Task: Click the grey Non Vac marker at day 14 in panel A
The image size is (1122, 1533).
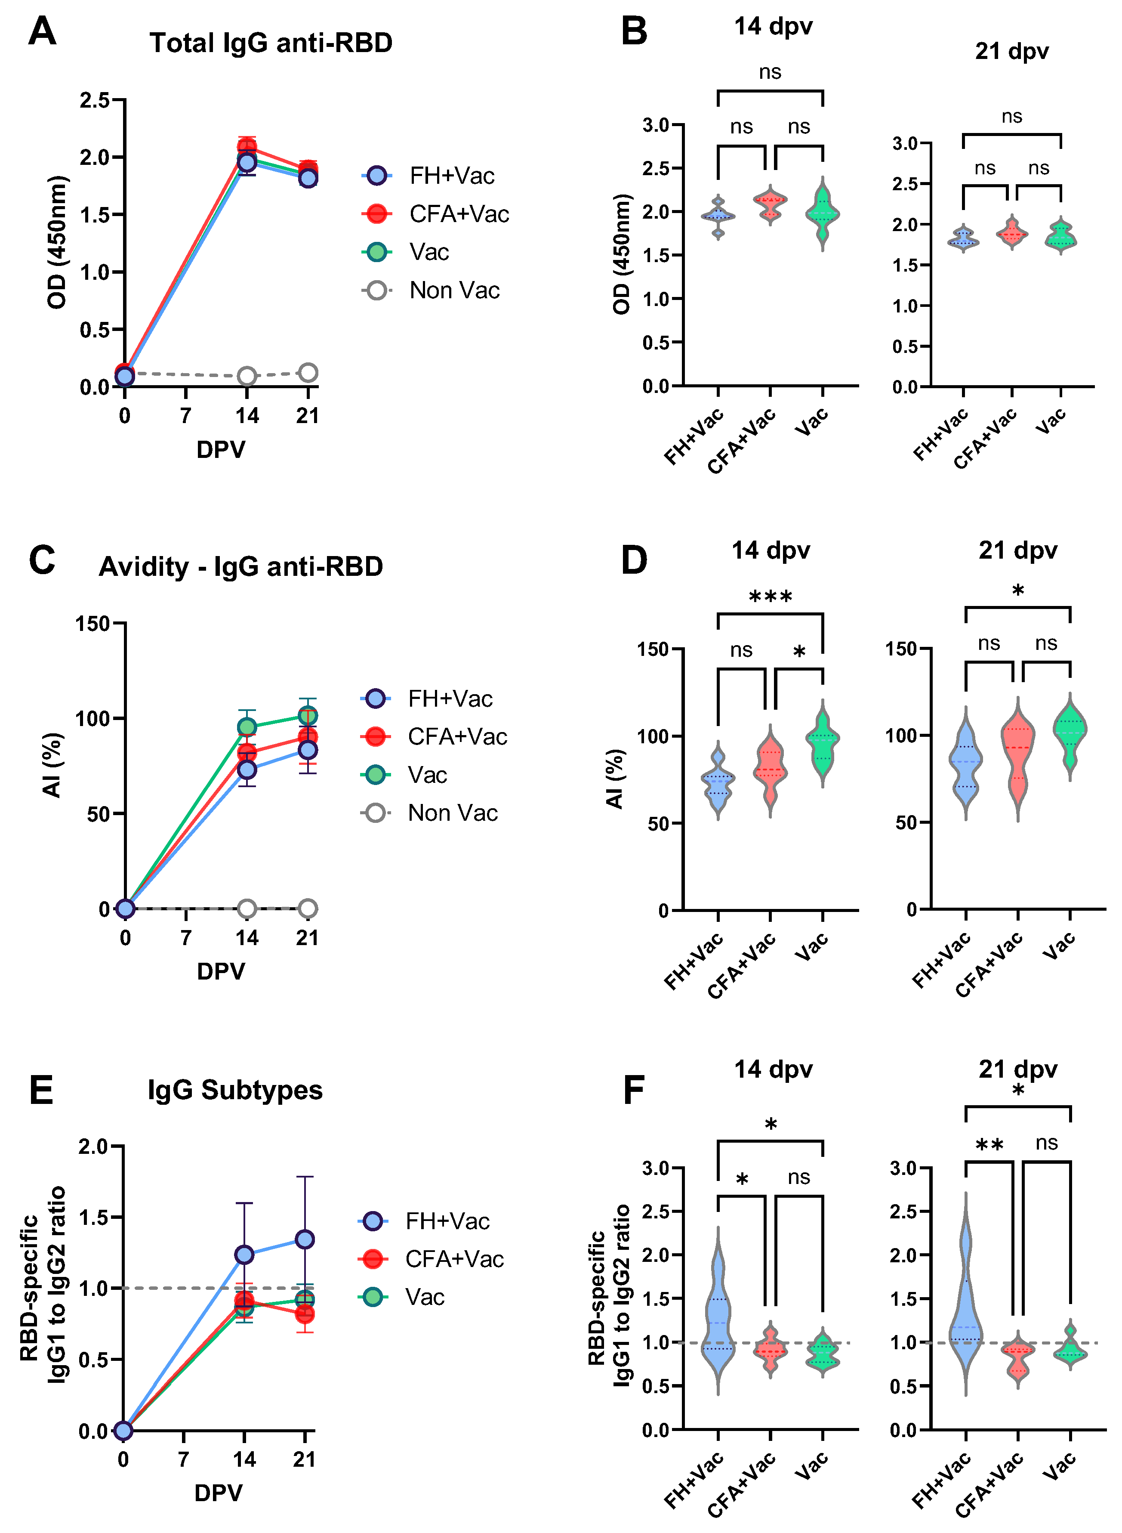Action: click(247, 376)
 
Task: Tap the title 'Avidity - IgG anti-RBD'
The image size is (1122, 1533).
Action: click(240, 566)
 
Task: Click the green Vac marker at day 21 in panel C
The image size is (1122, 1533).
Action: click(308, 716)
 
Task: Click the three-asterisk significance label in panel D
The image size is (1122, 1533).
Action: click(770, 598)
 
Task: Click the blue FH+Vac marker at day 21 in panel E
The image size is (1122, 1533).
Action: click(305, 1239)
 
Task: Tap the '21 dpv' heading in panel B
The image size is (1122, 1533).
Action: click(1011, 52)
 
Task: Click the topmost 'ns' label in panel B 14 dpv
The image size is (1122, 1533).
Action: click(770, 72)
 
